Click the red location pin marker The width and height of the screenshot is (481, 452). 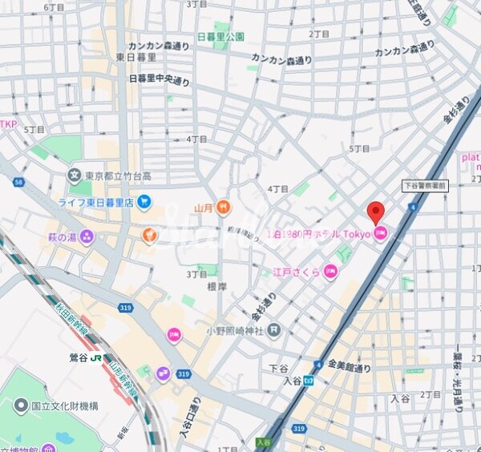[x=375, y=213]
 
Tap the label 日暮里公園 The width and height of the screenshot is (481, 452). [x=220, y=37]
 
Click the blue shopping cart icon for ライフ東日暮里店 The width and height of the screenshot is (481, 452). [x=144, y=201]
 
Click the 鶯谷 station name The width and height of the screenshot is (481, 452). [x=78, y=357]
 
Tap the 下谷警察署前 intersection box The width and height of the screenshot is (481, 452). [x=424, y=185]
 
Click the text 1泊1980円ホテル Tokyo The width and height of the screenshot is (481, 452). [x=318, y=234]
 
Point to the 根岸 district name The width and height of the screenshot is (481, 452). [x=218, y=285]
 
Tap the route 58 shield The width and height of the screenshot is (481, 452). [x=17, y=183]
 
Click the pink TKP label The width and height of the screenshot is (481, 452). [x=8, y=124]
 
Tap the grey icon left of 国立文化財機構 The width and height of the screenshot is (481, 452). [x=20, y=406]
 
